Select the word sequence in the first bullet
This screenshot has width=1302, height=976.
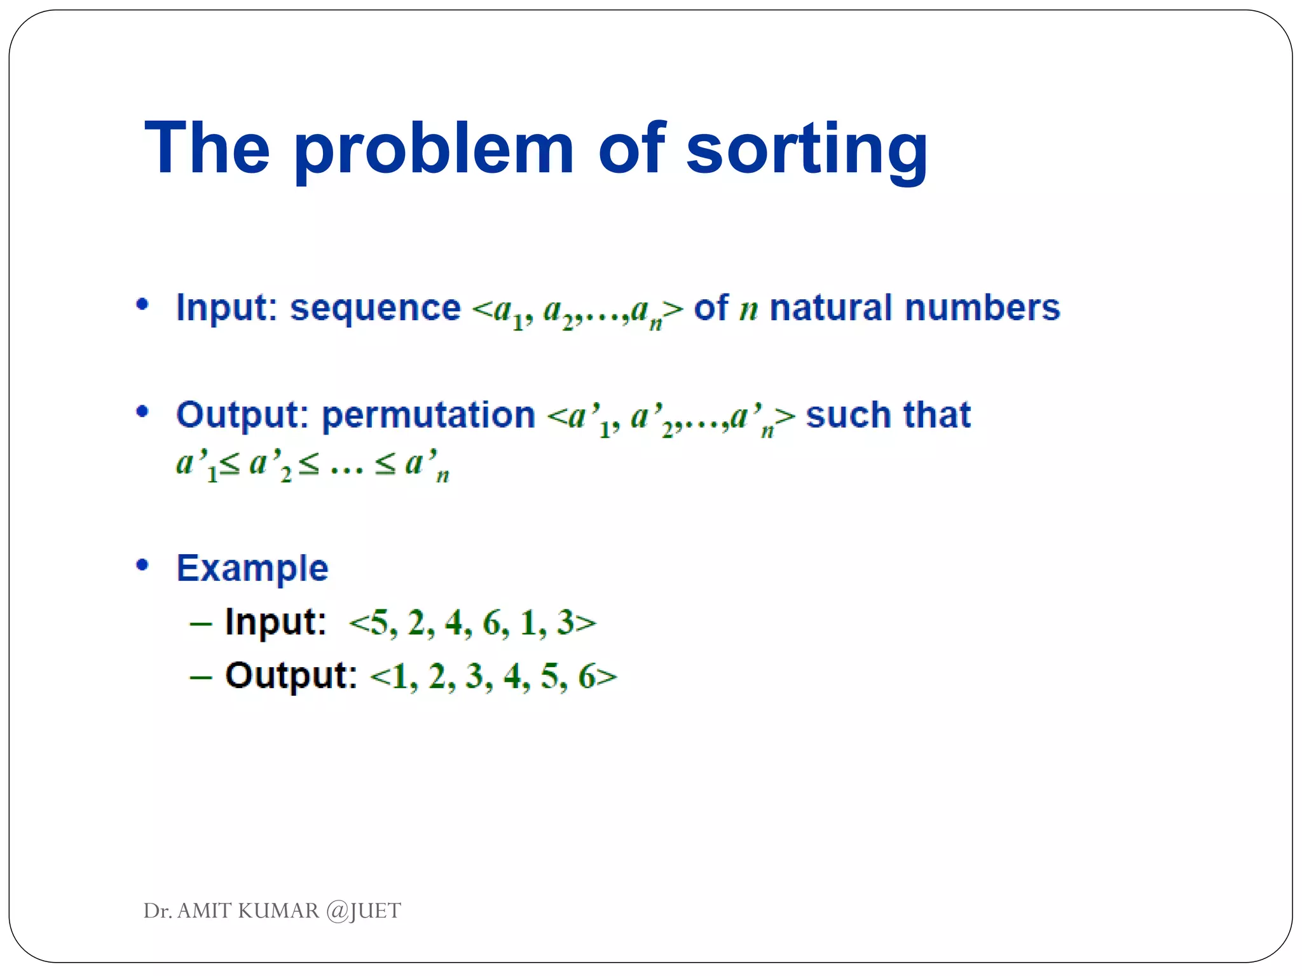[x=375, y=309]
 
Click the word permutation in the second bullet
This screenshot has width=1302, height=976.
[x=428, y=416]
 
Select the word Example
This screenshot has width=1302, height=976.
[x=252, y=568]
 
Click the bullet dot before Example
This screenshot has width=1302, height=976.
[x=142, y=564]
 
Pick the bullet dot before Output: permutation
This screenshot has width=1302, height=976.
[x=142, y=412]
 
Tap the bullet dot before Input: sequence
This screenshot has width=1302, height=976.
[x=142, y=304]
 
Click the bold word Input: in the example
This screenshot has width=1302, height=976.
[x=275, y=621]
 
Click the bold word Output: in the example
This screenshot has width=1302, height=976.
[x=291, y=675]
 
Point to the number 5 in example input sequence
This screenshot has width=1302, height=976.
[x=379, y=623]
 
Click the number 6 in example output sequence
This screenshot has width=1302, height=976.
[x=586, y=676]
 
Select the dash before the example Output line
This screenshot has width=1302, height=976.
[x=201, y=677]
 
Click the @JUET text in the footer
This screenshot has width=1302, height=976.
[x=363, y=911]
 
